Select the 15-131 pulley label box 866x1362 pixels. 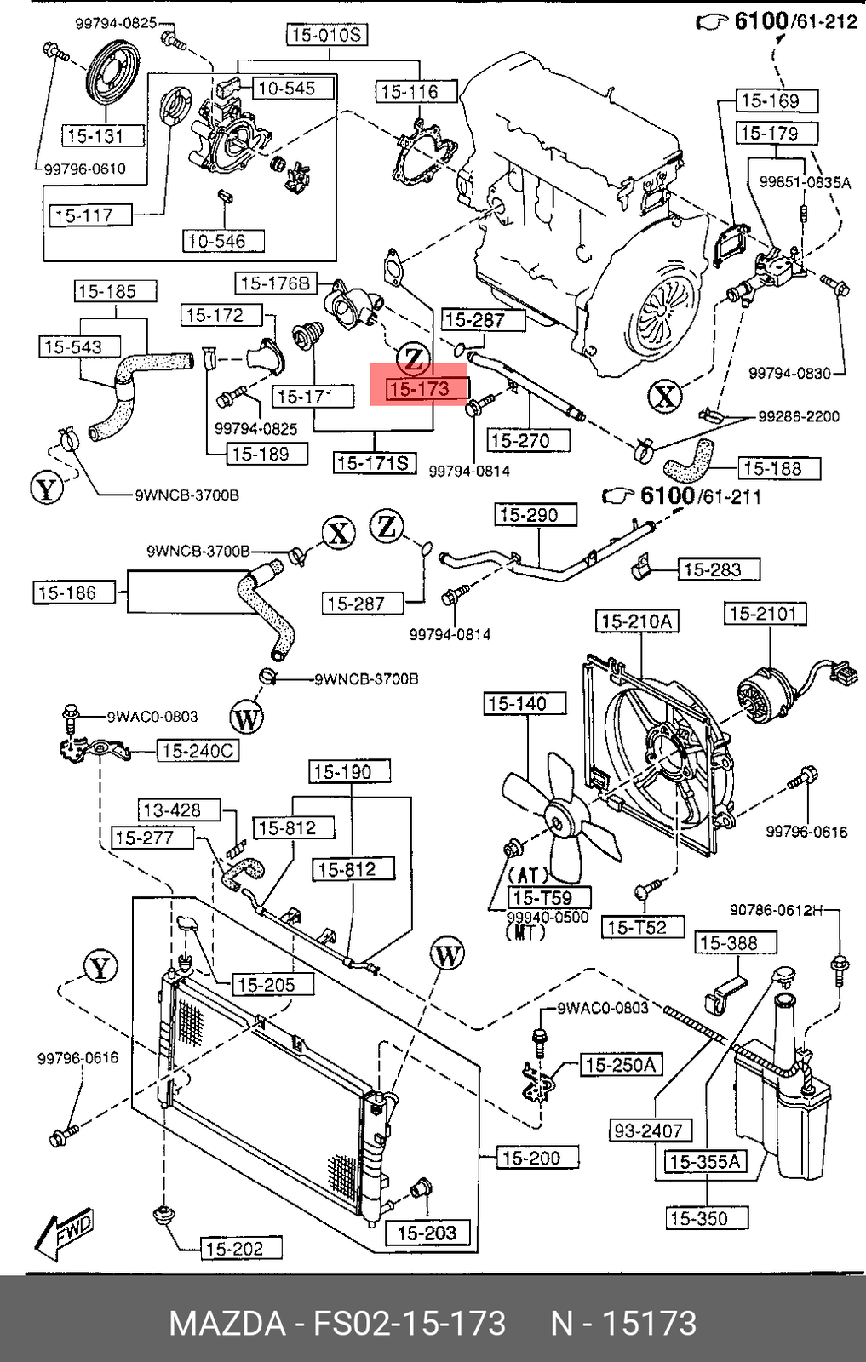tap(95, 135)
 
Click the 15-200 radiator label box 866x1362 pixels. tap(530, 1157)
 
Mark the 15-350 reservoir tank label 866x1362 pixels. tap(698, 1218)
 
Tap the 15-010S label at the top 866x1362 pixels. tap(326, 35)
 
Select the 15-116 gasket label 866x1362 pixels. tap(409, 91)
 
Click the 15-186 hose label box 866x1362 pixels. tap(73, 592)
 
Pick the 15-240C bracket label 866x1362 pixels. tap(198, 751)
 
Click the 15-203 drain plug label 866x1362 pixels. tap(427, 1232)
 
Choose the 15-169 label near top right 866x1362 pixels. tap(770, 101)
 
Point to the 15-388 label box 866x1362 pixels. tap(725, 942)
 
